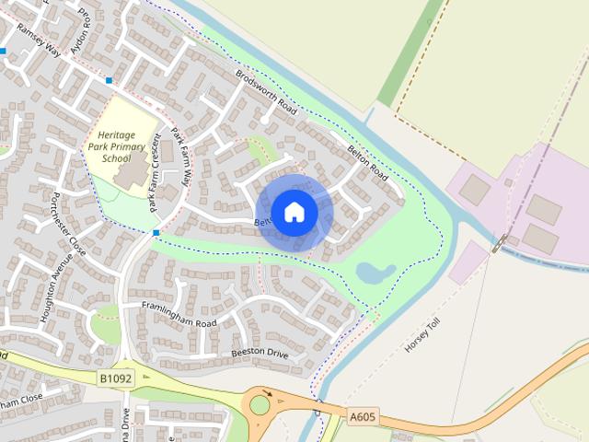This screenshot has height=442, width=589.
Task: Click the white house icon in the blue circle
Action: [294, 212]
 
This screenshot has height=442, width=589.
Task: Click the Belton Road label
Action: [366, 160]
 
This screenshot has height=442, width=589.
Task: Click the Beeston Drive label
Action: [260, 353]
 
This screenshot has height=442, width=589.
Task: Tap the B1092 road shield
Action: [117, 378]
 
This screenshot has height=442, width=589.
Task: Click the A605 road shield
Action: [362, 416]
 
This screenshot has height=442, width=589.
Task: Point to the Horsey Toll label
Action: [423, 337]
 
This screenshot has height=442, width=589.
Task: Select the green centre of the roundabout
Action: [260, 403]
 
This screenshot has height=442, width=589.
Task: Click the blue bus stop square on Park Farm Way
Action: [157, 232]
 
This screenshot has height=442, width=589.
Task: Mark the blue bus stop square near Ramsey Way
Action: [109, 81]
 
